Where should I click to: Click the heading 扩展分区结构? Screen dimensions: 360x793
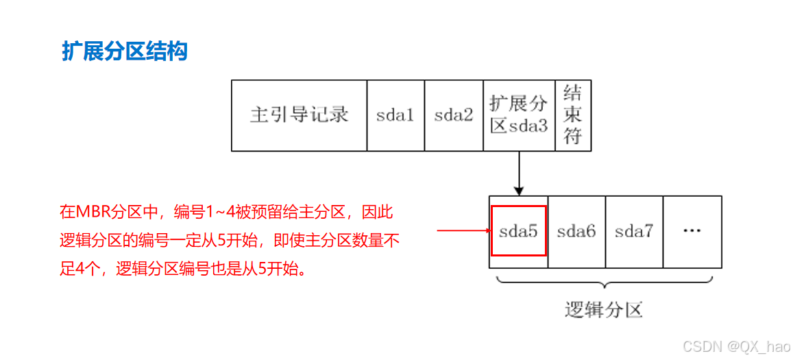click(125, 51)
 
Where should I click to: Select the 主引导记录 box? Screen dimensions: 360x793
click(299, 115)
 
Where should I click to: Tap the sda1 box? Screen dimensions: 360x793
click(395, 115)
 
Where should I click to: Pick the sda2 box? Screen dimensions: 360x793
click(454, 115)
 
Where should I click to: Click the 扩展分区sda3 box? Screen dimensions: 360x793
click(519, 115)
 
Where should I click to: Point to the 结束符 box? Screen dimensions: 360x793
click(572, 115)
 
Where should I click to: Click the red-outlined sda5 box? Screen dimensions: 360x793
click(519, 231)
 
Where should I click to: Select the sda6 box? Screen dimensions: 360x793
click(576, 232)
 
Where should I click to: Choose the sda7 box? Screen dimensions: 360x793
click(634, 232)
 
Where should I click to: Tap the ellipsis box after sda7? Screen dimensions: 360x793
click(692, 232)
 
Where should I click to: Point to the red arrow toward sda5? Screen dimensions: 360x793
click(463, 231)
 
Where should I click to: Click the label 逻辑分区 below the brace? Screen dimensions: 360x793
click(604, 310)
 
